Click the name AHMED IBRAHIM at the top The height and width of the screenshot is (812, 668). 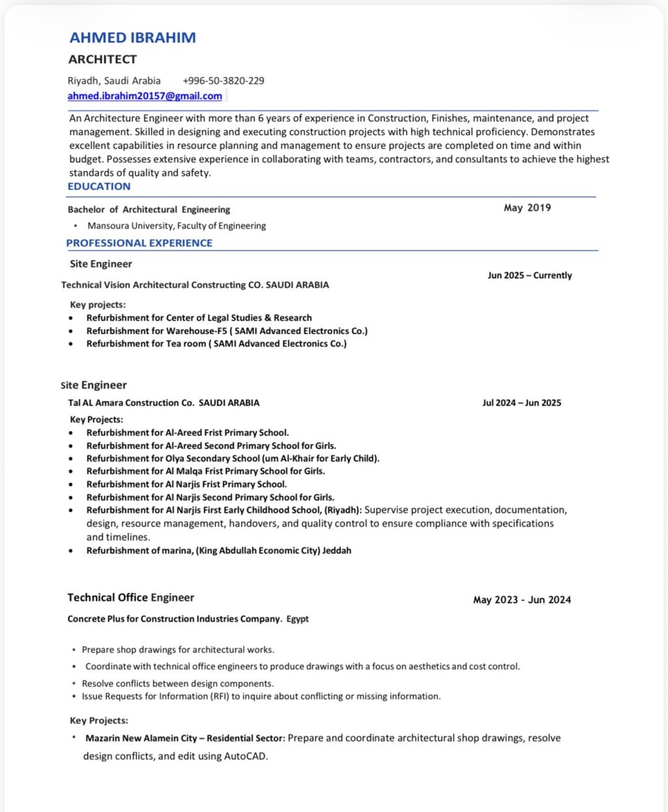pyautogui.click(x=132, y=38)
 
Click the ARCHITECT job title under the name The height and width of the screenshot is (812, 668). pyautogui.click(x=102, y=59)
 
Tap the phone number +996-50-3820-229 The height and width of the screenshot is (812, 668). pyautogui.click(x=223, y=81)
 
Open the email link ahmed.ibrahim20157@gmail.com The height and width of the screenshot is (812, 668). pyautogui.click(x=145, y=96)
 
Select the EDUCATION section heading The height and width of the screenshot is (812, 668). pyautogui.click(x=99, y=187)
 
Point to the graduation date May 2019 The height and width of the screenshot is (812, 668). pyautogui.click(x=527, y=208)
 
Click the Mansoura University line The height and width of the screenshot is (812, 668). pyautogui.click(x=177, y=226)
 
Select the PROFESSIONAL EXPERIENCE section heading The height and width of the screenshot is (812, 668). pyautogui.click(x=139, y=243)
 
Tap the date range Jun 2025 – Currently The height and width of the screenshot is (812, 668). pyautogui.click(x=529, y=275)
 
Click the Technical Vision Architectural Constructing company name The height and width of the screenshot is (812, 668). pyautogui.click(x=195, y=285)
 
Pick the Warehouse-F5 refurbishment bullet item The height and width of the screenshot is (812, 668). pyautogui.click(x=227, y=331)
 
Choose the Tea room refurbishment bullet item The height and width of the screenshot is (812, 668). pyautogui.click(x=217, y=344)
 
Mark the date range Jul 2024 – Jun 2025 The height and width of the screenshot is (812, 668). pyautogui.click(x=521, y=403)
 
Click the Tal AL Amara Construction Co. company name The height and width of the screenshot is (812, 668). pyautogui.click(x=164, y=403)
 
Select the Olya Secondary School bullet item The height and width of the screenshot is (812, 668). pyautogui.click(x=233, y=459)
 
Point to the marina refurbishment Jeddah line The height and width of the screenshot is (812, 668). pyautogui.click(x=219, y=550)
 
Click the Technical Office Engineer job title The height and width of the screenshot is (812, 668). pyautogui.click(x=130, y=597)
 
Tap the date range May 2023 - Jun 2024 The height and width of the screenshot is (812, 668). pyautogui.click(x=522, y=600)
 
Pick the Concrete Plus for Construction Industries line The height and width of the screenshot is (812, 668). pyautogui.click(x=188, y=619)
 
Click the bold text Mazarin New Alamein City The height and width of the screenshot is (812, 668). pyautogui.click(x=141, y=738)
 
